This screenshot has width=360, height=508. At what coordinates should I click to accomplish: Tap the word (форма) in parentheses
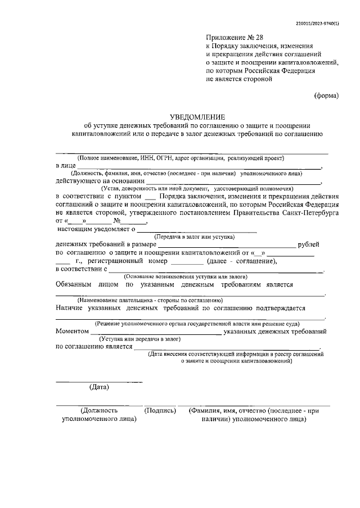326,96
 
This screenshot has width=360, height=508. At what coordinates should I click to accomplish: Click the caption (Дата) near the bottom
100,387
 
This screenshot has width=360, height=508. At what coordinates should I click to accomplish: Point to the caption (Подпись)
160,411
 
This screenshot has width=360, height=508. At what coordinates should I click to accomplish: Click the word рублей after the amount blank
310,244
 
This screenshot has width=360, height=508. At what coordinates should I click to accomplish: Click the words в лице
65,166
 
